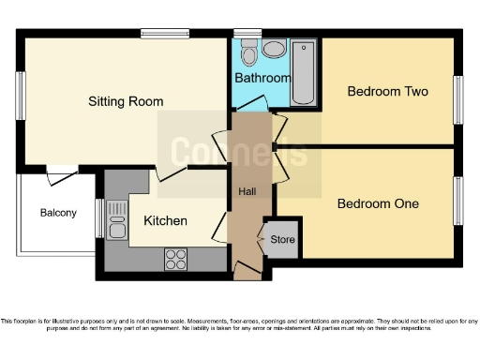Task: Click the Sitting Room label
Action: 126,101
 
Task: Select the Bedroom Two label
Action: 387,91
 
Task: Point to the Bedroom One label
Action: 378,203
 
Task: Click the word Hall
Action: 247,192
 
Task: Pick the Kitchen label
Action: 165,221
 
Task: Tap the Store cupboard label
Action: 282,240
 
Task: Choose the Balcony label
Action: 58,213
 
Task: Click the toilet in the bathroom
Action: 250,49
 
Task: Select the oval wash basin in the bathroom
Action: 274,49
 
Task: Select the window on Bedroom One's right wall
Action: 458,199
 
